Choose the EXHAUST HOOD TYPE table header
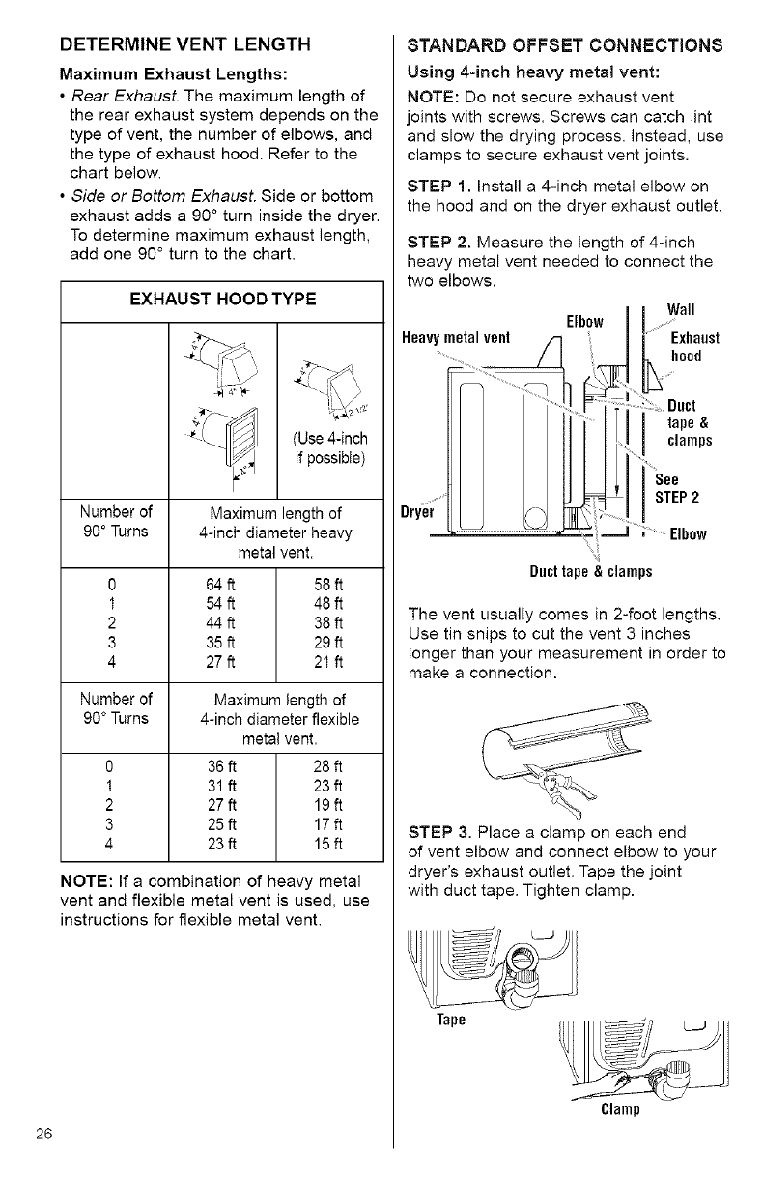pyautogui.click(x=222, y=300)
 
